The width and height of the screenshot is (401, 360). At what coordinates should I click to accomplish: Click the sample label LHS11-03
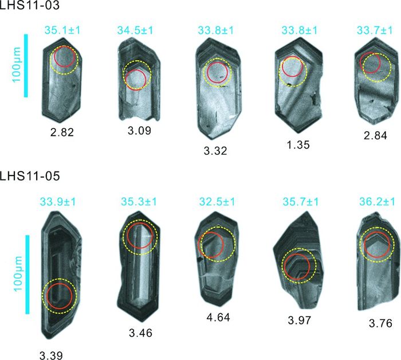(30, 5)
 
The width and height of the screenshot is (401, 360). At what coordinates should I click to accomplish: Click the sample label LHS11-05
(30, 176)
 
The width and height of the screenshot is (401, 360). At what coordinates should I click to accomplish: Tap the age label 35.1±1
(62, 30)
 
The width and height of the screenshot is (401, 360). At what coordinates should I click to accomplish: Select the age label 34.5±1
(135, 30)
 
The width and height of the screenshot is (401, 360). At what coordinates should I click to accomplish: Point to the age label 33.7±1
(375, 30)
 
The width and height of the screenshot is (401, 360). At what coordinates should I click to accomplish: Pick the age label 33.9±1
(58, 202)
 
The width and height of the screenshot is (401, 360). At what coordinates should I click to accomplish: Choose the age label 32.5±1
(217, 202)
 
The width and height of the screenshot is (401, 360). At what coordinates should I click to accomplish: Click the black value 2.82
(62, 132)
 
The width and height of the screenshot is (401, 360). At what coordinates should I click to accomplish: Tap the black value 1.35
(298, 144)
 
